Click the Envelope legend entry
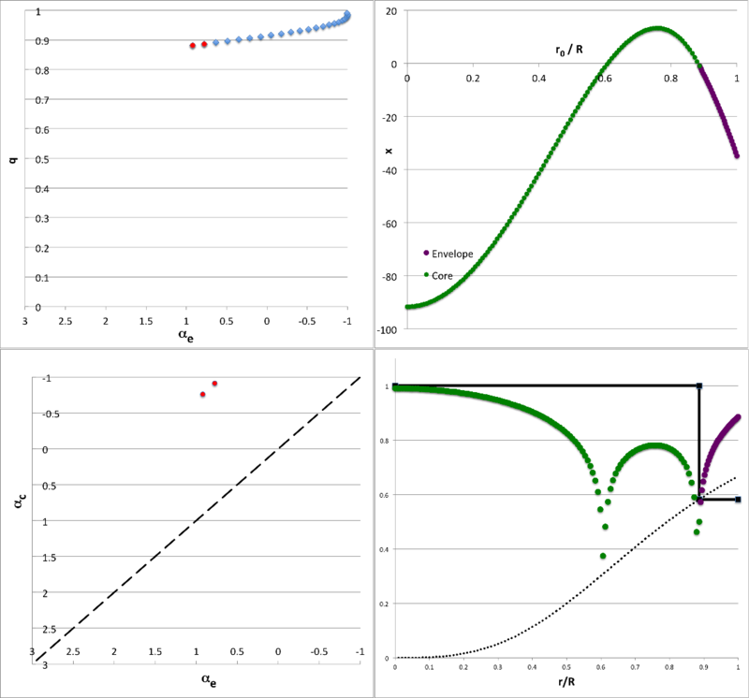click(x=453, y=254)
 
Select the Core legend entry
click(x=445, y=275)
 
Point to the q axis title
click(x=12, y=159)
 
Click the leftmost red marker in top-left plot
click(x=192, y=46)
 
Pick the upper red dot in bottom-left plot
click(x=214, y=384)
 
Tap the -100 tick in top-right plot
click(x=389, y=330)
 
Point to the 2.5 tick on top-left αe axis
click(x=66, y=322)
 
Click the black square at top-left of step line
click(x=395, y=385)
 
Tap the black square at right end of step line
click(x=738, y=500)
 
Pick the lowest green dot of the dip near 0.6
click(x=577, y=556)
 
